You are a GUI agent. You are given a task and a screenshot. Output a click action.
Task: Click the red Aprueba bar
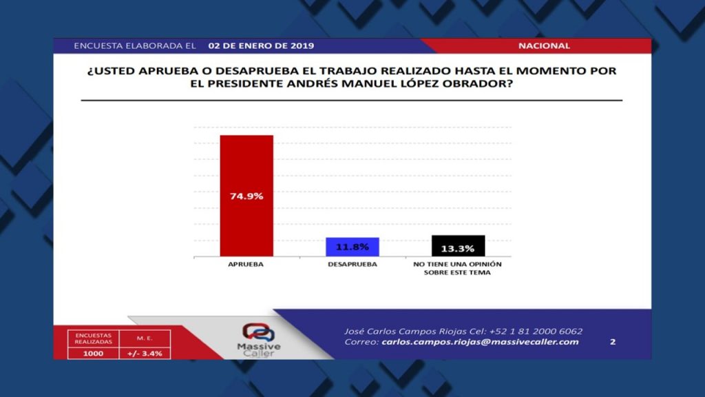(246, 196)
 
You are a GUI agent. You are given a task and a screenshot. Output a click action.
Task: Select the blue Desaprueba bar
(352, 247)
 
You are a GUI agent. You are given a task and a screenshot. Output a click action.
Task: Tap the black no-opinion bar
(458, 246)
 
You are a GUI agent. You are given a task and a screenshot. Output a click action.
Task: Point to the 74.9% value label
(246, 196)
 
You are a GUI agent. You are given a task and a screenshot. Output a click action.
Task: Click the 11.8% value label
(352, 247)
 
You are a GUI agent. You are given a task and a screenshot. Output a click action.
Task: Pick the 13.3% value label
(458, 248)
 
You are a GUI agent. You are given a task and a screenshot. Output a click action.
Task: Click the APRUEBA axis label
(246, 264)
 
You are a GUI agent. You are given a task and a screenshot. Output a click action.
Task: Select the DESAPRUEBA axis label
(352, 264)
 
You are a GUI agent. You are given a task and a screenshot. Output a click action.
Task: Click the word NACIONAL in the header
(544, 46)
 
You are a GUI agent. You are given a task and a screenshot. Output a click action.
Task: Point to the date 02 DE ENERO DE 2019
(261, 46)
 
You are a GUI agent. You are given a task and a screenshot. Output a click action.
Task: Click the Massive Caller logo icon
(259, 333)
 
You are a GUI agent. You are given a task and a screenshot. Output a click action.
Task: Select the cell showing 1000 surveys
(93, 354)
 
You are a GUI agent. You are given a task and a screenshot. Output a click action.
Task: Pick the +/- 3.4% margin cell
(145, 354)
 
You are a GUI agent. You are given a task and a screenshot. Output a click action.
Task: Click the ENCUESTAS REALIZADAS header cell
(93, 338)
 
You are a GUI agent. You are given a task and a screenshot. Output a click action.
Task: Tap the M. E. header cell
(145, 338)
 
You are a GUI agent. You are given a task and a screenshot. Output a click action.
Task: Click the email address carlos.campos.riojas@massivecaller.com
(480, 342)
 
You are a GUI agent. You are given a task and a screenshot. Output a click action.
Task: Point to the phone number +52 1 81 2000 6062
(536, 332)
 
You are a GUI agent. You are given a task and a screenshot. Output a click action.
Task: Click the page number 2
(612, 342)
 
